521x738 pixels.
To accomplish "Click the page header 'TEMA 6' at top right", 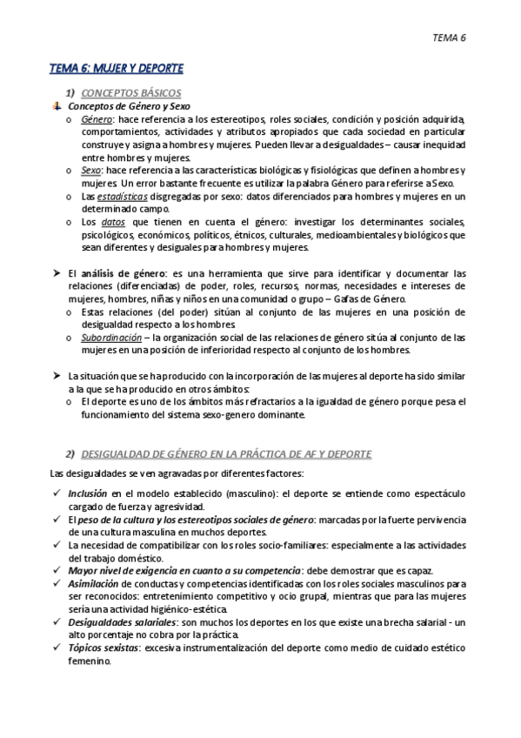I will [451, 37].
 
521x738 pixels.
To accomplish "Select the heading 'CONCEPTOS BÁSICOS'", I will [131, 92].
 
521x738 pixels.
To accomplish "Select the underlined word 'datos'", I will [114, 222].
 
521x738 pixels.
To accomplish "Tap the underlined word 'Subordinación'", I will [111, 337].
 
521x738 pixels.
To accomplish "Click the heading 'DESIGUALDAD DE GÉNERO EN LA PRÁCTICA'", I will [226, 454].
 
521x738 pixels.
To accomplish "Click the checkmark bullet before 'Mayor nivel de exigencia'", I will [56, 570].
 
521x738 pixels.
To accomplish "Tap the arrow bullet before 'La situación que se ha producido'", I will [56, 376].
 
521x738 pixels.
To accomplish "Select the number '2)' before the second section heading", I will [71, 454].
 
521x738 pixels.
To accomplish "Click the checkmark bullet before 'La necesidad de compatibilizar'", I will [56, 545].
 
